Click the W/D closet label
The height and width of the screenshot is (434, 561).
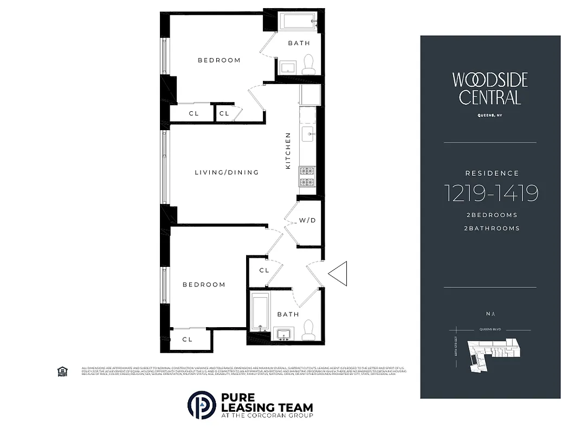click(307, 221)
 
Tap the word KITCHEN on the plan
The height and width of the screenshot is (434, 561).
click(288, 150)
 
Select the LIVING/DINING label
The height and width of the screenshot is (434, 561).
click(227, 173)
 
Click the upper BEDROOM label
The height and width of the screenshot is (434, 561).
click(219, 60)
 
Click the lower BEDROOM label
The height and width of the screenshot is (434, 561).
click(204, 285)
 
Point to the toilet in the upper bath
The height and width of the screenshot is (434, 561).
click(308, 64)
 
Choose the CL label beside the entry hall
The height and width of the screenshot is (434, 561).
click(264, 270)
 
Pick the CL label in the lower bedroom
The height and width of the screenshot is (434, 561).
click(188, 340)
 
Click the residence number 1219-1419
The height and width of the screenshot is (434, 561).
click(491, 193)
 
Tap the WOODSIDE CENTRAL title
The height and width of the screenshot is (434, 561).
click(490, 88)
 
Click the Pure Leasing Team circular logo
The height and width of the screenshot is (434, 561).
click(202, 405)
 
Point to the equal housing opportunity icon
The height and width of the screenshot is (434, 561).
click(62, 371)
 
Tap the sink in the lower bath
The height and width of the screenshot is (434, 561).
click(283, 333)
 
